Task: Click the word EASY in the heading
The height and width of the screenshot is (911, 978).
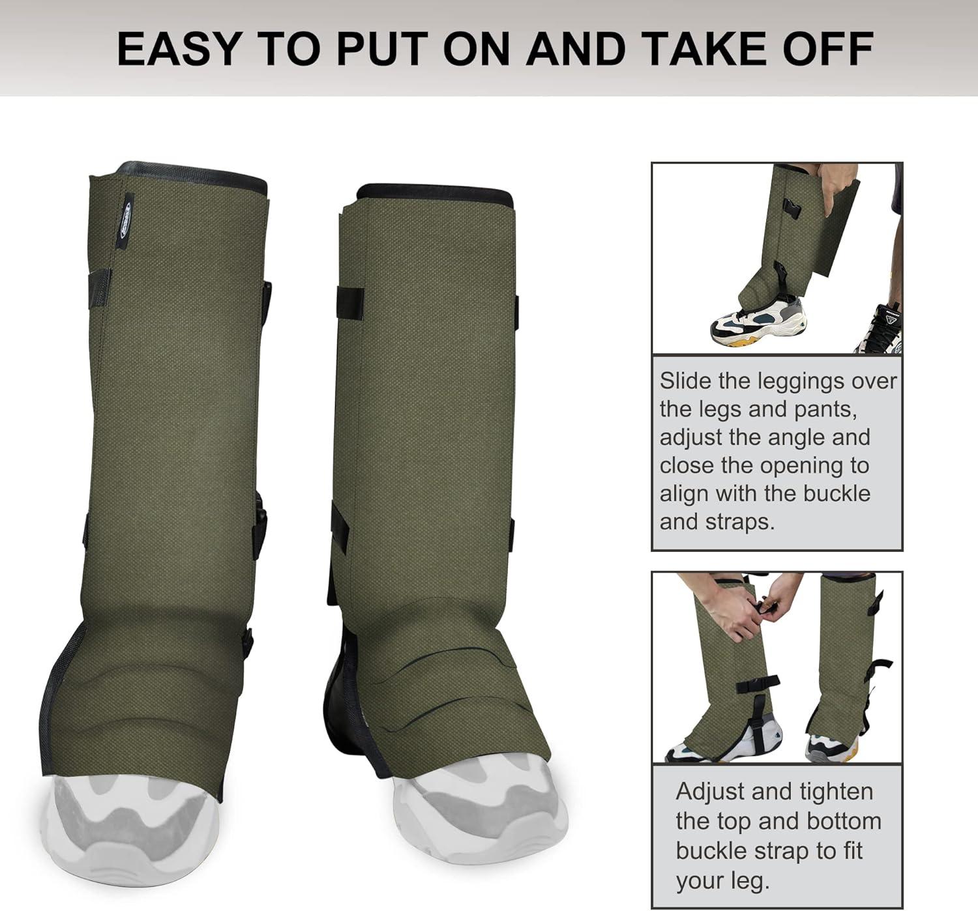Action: point(177,48)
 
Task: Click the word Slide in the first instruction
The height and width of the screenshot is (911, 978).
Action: point(685,381)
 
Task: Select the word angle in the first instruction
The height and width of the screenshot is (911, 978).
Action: point(792,437)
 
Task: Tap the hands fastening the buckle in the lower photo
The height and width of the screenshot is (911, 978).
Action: point(760,606)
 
